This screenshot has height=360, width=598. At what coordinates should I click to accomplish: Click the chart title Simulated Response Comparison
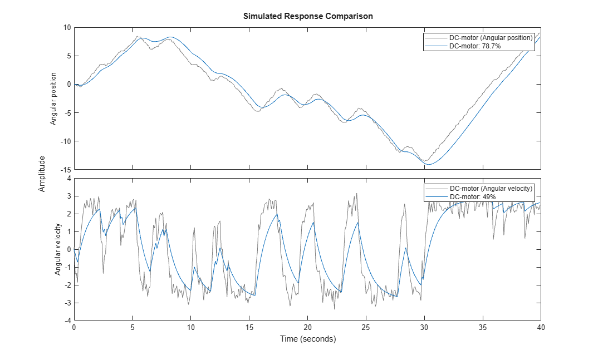point(308,16)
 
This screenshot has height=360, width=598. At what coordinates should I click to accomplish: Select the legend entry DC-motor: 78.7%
point(475,46)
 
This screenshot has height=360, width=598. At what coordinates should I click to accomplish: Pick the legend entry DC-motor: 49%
point(473,197)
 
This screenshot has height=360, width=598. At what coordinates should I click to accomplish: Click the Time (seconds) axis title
point(308,339)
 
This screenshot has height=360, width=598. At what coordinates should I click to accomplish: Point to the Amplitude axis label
point(42,174)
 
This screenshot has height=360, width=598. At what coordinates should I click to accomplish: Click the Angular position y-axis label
point(53,98)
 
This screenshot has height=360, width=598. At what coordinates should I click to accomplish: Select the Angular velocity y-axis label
point(57,249)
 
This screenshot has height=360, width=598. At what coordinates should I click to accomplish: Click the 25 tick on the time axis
point(366,327)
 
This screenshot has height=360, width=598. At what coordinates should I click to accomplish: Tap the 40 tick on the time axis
point(541,327)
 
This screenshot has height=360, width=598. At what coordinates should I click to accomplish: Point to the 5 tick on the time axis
point(133,327)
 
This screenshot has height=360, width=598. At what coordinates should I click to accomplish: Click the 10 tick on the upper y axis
point(67,27)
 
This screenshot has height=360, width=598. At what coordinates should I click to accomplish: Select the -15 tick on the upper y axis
point(66,169)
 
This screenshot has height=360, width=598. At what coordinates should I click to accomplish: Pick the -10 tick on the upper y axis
point(66,141)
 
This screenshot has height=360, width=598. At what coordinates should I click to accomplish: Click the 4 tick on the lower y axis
point(69,178)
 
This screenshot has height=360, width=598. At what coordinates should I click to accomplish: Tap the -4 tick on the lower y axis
point(68,320)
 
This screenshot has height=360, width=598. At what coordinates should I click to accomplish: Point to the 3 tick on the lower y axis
point(69,196)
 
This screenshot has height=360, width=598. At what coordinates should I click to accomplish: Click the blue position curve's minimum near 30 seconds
point(429,164)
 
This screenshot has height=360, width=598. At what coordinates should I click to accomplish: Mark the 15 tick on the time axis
point(249,327)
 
